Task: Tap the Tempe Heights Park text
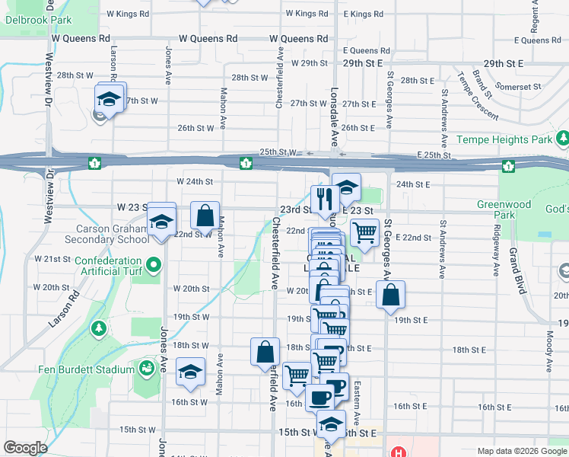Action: coord(504,140)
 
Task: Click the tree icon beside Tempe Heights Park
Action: coord(562,139)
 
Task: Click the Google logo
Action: coord(25,448)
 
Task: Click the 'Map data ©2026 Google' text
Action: coord(521,450)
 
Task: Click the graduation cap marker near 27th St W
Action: coord(110,100)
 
